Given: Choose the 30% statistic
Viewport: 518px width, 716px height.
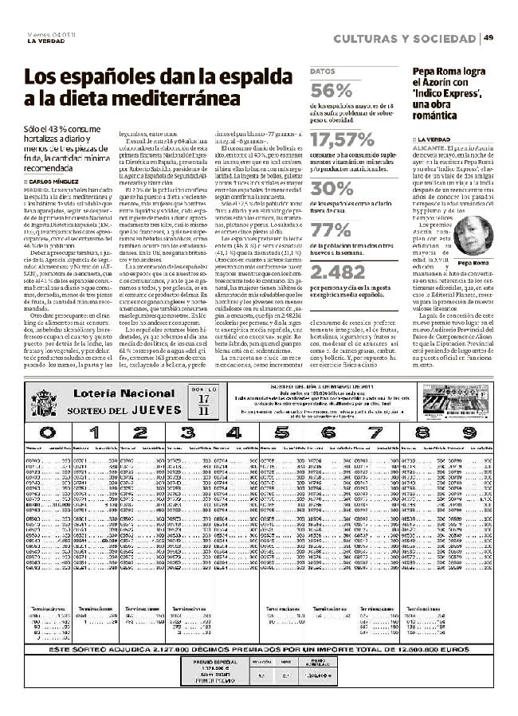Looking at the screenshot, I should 331,189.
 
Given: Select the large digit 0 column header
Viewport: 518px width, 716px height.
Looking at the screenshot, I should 47,433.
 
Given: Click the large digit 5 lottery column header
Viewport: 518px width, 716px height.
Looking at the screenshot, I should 281,433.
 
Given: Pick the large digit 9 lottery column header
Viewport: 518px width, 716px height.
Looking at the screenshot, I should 469,433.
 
